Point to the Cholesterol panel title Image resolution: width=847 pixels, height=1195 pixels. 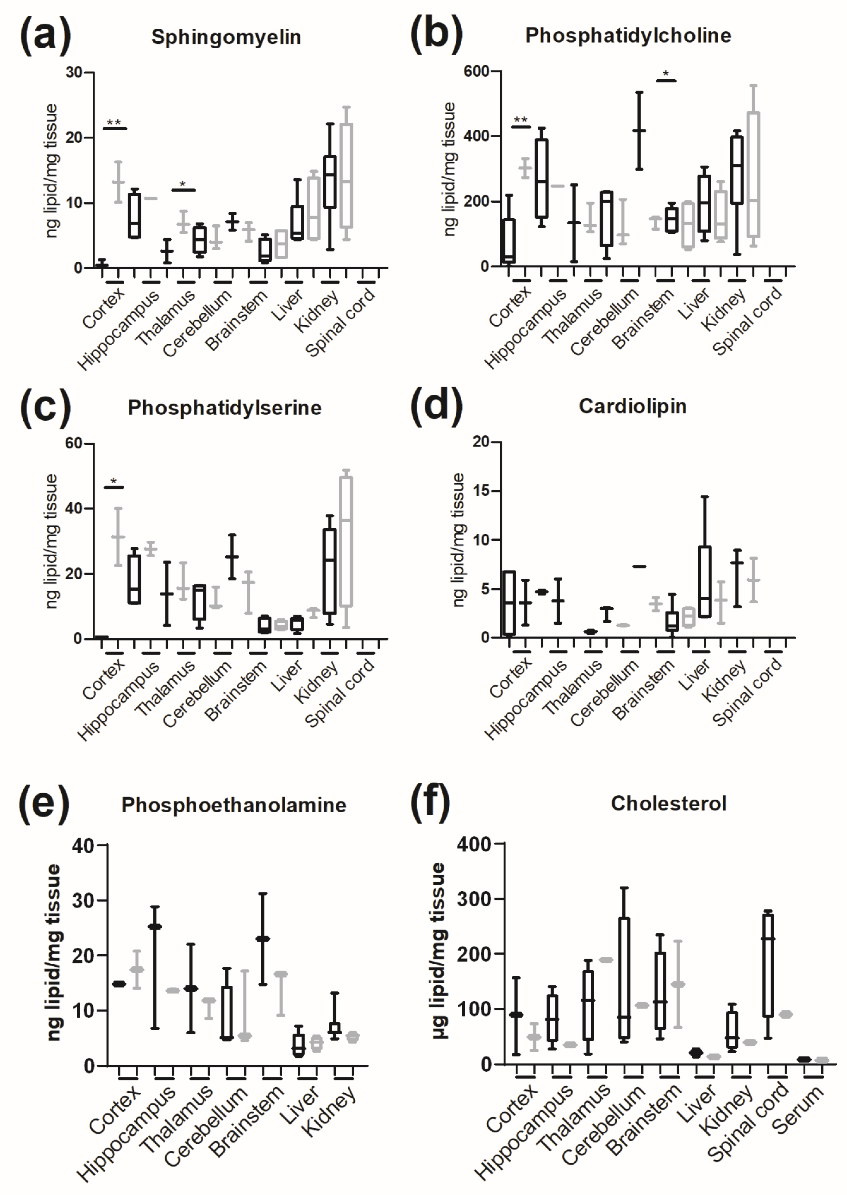point(669,803)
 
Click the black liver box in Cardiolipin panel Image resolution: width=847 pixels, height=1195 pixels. point(705,582)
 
